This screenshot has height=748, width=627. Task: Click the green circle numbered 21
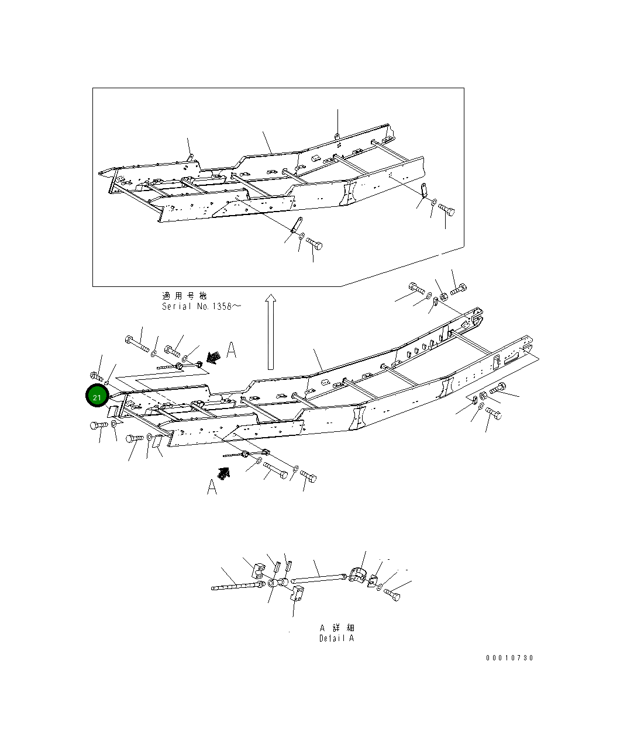pos(97,397)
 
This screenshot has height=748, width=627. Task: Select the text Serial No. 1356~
pos(201,307)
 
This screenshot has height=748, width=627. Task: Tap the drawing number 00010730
pos(509,658)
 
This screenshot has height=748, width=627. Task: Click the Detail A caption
pos(336,638)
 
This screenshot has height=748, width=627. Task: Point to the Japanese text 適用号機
pos(184,296)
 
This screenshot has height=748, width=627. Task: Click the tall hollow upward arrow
pos(270,332)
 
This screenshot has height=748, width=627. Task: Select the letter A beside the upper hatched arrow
pos(231,351)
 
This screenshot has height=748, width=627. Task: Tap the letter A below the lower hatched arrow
pos(212,486)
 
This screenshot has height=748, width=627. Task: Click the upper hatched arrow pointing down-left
pos(215,356)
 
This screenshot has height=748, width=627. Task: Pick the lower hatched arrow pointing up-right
pos(223,473)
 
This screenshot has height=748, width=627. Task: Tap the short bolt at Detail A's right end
pos(392,595)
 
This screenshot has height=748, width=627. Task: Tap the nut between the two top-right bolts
pos(443,296)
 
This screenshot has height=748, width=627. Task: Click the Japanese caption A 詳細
pos(337,627)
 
